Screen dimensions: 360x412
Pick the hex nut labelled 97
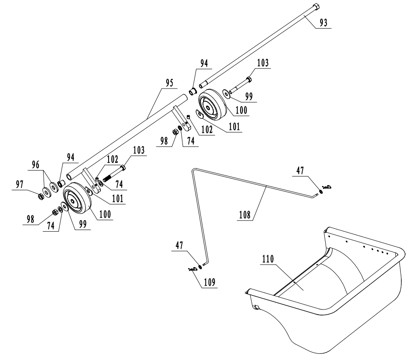tap(39, 196)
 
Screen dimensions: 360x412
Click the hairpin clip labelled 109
tap(192, 269)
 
